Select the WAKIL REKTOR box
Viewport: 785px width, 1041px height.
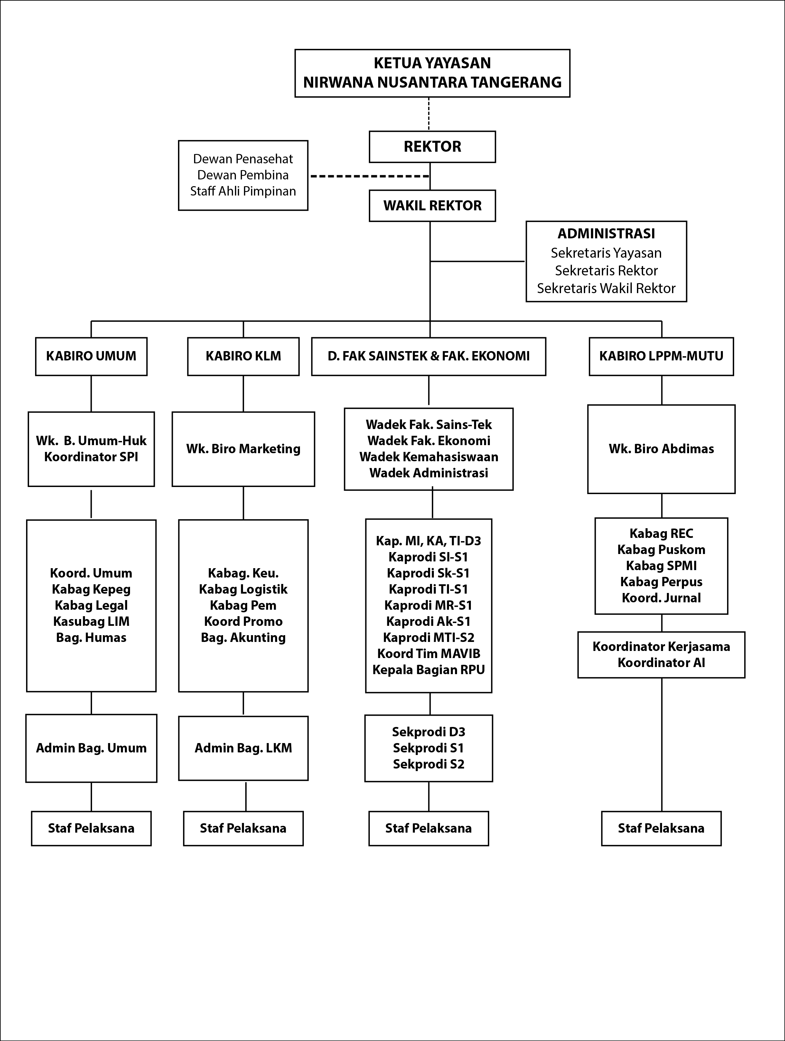(x=432, y=206)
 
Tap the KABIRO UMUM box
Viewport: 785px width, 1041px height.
(x=91, y=356)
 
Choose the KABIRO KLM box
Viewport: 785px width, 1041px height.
(x=243, y=356)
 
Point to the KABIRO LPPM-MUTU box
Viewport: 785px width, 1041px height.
(x=661, y=356)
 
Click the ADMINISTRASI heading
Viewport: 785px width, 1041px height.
(x=606, y=234)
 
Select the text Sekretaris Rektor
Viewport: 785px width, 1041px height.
(x=606, y=271)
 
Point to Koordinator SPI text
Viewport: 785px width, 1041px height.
(x=91, y=457)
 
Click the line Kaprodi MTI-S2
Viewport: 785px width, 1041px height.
(x=428, y=638)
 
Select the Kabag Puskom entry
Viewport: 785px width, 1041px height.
(x=661, y=550)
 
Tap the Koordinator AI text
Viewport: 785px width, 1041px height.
(x=661, y=663)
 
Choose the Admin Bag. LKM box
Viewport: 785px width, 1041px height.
(x=243, y=748)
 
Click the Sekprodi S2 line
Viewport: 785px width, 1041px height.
(x=428, y=764)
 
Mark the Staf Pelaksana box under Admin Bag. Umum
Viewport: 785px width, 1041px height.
(x=91, y=828)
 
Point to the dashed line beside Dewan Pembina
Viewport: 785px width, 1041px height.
(x=370, y=177)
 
